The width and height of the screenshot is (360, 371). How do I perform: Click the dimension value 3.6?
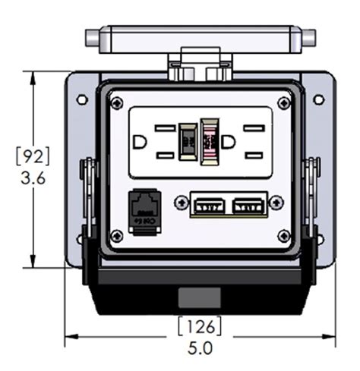tap(33, 178)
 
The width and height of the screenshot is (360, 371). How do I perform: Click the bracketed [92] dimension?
tap(33, 157)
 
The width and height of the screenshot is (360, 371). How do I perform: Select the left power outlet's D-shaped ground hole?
tap(140, 142)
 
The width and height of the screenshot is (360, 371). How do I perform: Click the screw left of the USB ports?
tap(181, 202)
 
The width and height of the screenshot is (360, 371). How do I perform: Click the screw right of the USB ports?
tap(276, 202)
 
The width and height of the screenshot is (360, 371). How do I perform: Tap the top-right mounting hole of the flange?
tap(319, 99)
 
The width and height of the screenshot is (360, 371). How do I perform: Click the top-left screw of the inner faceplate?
tap(116, 102)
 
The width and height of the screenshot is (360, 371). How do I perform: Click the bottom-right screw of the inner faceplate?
tap(284, 235)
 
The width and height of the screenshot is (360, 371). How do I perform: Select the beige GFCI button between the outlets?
tap(187, 142)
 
